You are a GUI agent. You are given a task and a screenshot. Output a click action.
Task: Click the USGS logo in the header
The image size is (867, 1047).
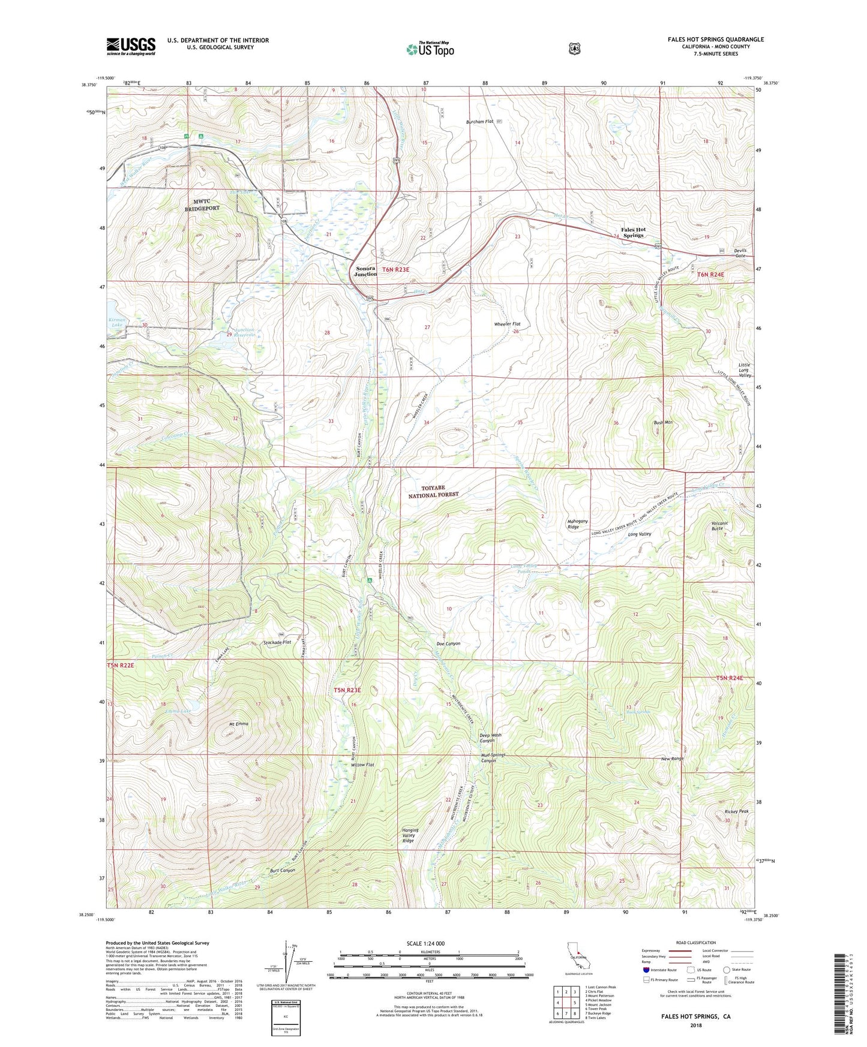[131, 46]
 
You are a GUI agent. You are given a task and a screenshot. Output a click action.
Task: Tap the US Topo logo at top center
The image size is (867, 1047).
[430, 49]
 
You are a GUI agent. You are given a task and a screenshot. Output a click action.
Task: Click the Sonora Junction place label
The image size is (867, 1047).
[366, 271]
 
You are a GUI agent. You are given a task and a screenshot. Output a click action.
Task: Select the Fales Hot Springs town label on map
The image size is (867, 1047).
[633, 233]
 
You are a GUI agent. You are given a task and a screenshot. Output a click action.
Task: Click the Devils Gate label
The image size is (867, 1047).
[740, 252]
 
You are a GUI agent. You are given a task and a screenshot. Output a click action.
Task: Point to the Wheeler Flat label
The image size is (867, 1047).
[507, 324]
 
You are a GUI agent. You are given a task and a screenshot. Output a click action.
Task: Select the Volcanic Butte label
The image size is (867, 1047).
[717, 526]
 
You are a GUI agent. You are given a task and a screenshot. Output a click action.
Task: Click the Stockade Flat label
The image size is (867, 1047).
[277, 642]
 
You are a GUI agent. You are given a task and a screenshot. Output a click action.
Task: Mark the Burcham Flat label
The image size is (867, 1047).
[479, 122]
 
